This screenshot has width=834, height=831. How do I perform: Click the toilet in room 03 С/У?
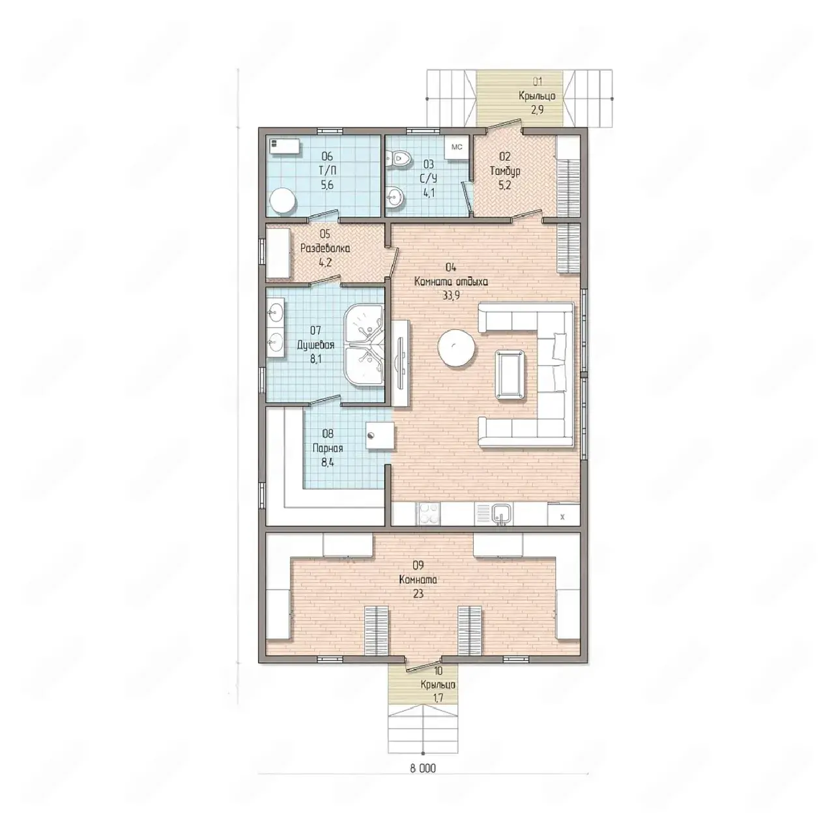tap(398, 158)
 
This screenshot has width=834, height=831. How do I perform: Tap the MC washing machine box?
tap(457, 147)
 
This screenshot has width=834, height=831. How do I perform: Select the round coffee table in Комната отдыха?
tap(457, 348)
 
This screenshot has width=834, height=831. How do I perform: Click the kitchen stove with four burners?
tap(427, 514)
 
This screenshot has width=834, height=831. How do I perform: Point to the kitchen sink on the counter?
tap(501, 514)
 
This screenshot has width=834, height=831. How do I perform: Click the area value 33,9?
tap(451, 296)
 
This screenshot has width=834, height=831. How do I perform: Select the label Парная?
tap(328, 448)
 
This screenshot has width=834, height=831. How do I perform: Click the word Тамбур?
tap(505, 171)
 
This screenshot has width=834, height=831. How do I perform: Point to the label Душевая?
tap(315, 345)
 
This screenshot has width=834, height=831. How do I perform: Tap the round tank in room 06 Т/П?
tap(283, 201)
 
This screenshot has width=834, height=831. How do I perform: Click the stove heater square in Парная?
tap(381, 436)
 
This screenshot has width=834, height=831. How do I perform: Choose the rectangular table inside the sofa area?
tap(511, 374)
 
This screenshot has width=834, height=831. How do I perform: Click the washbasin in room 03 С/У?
tap(395, 198)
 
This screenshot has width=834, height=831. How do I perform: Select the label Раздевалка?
tap(325, 249)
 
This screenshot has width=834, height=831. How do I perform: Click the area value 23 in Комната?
tap(418, 594)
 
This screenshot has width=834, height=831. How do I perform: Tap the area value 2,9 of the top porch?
tap(537, 110)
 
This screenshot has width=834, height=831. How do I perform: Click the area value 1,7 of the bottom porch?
tap(438, 698)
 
